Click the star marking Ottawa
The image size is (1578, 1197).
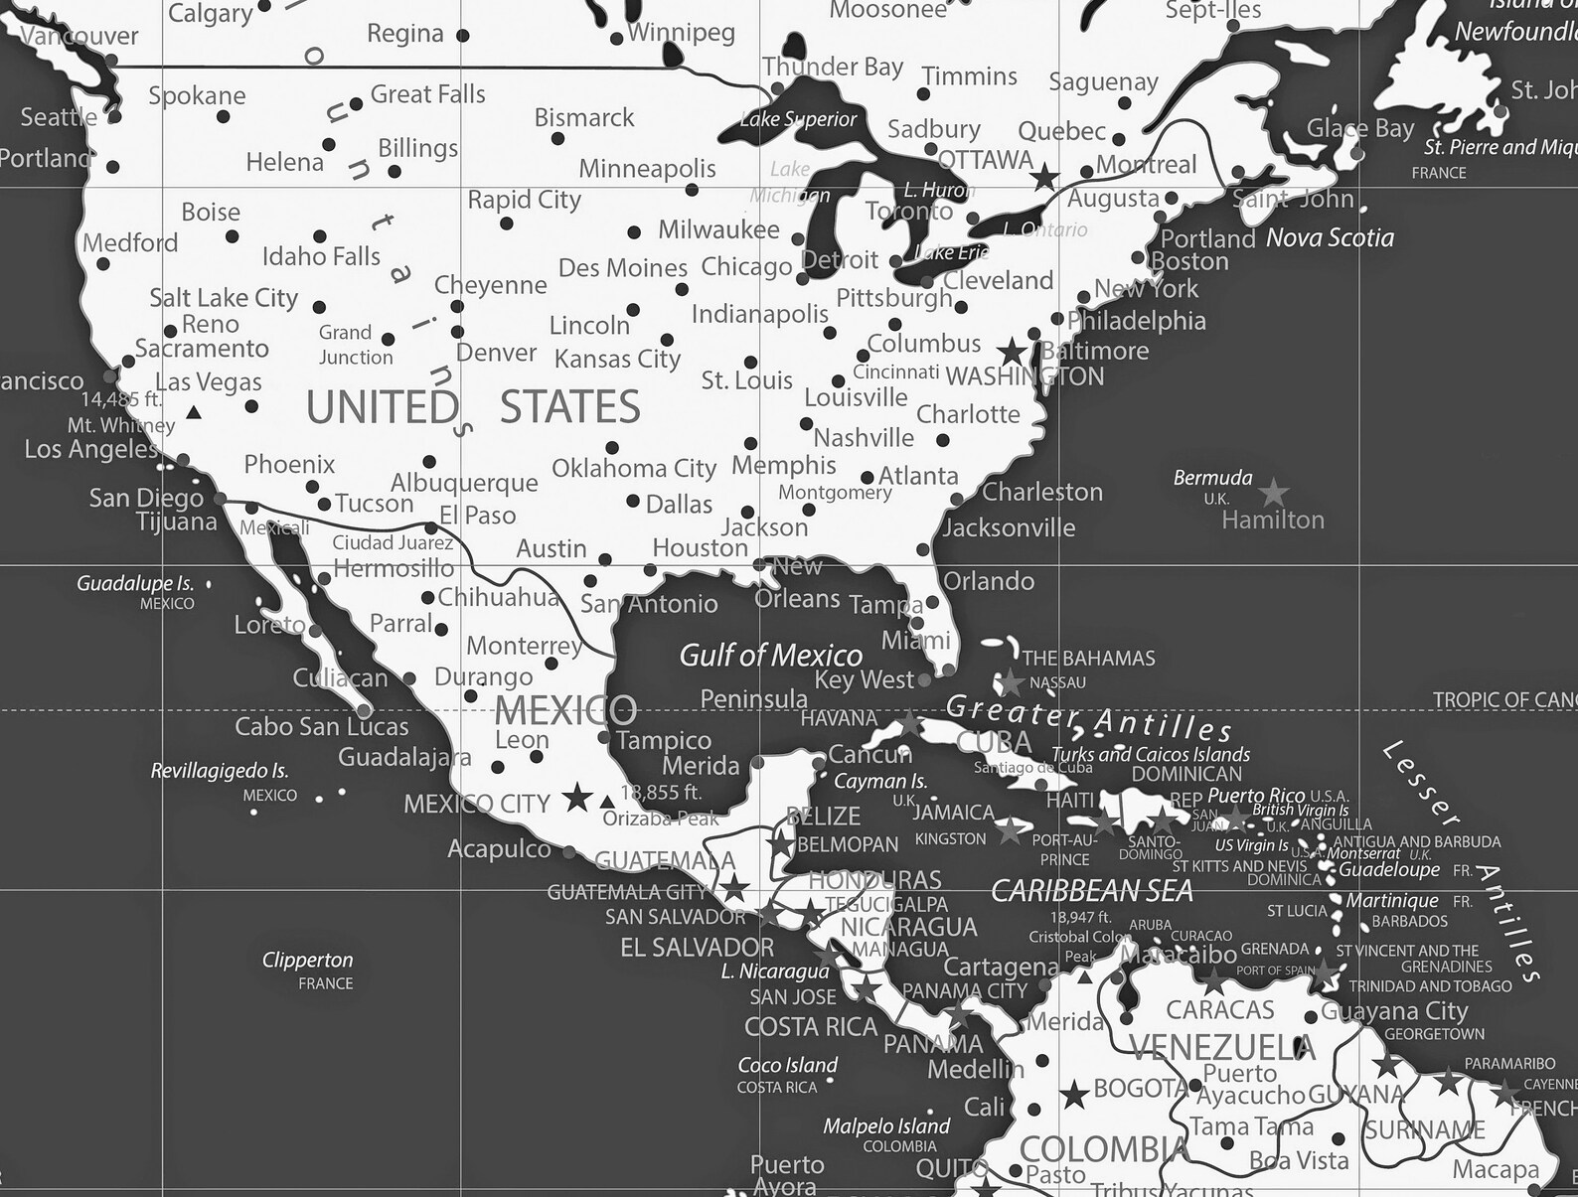pyautogui.click(x=1044, y=179)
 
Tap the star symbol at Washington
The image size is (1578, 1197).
pyautogui.click(x=1013, y=352)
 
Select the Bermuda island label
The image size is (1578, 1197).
pyautogui.click(x=1212, y=478)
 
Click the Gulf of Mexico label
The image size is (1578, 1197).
pyautogui.click(x=770, y=656)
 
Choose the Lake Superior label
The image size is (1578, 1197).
pyautogui.click(x=798, y=119)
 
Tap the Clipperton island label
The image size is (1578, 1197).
pyautogui.click(x=307, y=960)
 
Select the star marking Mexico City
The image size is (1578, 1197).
pyautogui.click(x=576, y=798)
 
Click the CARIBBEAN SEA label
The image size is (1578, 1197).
pyautogui.click(x=1091, y=891)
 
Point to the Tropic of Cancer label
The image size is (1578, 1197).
pyautogui.click(x=1503, y=700)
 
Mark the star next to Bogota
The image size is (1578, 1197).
pyautogui.click(x=1074, y=1096)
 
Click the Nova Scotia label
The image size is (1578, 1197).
pyautogui.click(x=1330, y=237)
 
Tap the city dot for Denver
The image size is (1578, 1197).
pyautogui.click(x=457, y=332)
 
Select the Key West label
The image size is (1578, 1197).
pyautogui.click(x=864, y=680)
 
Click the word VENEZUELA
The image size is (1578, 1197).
pyautogui.click(x=1222, y=1047)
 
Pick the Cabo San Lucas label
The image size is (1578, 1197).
pyautogui.click(x=321, y=727)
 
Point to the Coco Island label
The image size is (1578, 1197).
pyautogui.click(x=787, y=1065)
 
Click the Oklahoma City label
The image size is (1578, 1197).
pyautogui.click(x=634, y=468)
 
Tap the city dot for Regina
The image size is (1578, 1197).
pyautogui.click(x=463, y=36)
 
